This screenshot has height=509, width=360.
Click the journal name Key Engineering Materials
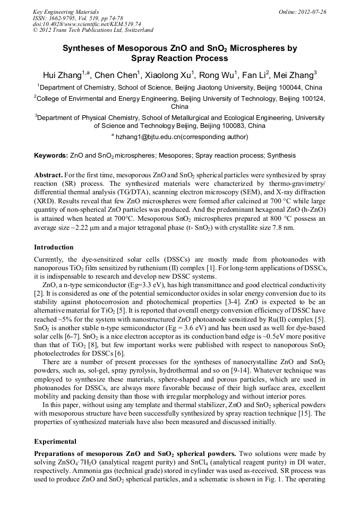pyautogui.click(x=63, y=11)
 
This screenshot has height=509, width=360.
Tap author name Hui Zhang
pyautogui.click(x=62, y=74)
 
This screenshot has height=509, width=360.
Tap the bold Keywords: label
pyautogui.click(x=51, y=156)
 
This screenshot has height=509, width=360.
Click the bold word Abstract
pyautogui.click(x=48, y=175)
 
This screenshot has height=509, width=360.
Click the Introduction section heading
pyautogui.click(x=54, y=247)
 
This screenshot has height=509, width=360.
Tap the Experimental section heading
pyautogui.click(x=56, y=441)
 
